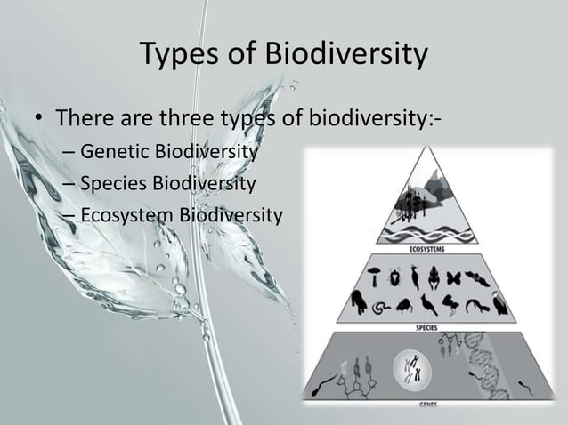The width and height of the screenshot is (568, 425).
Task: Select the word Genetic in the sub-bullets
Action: [x=113, y=153]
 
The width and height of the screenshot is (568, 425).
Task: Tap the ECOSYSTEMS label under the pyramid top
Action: [x=427, y=249]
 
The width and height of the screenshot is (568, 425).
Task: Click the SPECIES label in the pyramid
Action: [x=427, y=326]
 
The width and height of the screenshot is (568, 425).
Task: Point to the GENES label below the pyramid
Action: [x=427, y=405]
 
